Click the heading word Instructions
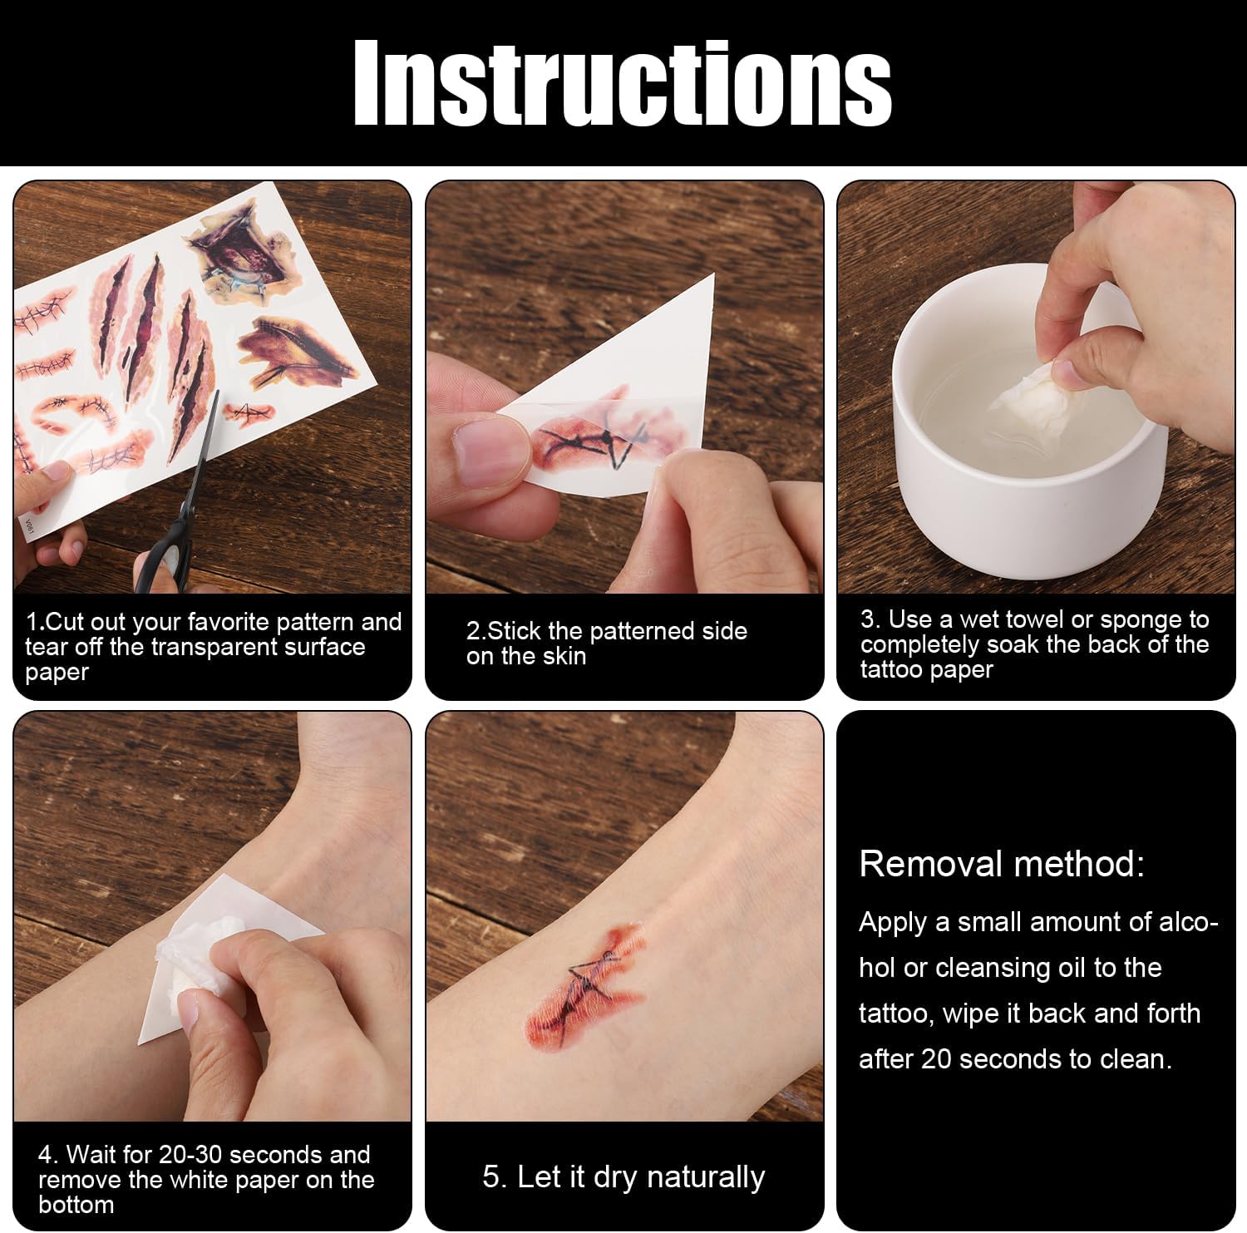[623, 83]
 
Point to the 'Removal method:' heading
[1002, 864]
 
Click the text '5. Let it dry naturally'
[623, 1177]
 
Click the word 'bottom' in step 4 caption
[76, 1204]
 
